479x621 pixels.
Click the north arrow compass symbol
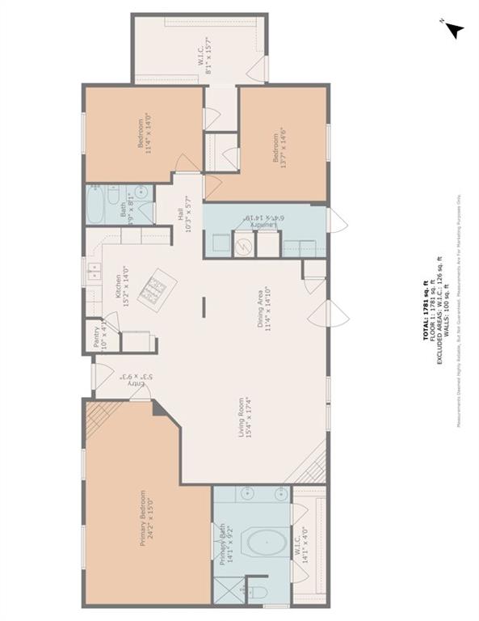(455, 30)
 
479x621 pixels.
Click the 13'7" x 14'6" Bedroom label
(279, 146)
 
